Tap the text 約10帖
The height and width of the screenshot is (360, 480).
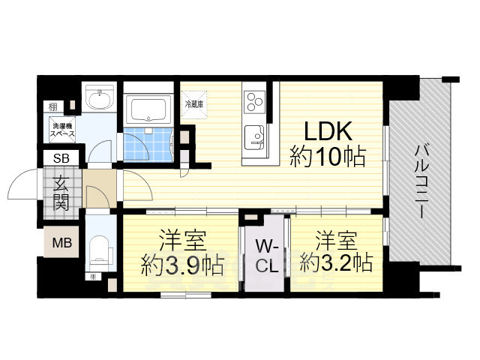[x=328, y=157]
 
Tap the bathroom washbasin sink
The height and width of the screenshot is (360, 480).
[x=97, y=97]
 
